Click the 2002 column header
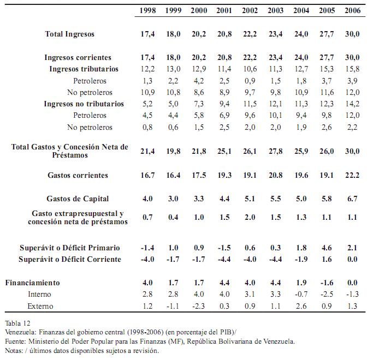tap(250, 11)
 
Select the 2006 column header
tap(353, 11)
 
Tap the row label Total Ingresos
tap(70, 34)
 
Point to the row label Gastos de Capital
tap(78, 199)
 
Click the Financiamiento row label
tap(32, 283)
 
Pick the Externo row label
tap(40, 306)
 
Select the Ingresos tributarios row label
tap(84, 69)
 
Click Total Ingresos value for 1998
tap(147, 34)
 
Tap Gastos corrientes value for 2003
tap(275, 176)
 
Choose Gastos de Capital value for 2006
tap(352, 199)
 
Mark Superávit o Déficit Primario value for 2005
tap(327, 248)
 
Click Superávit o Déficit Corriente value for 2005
tap(327, 259)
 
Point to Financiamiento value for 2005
tap(327, 283)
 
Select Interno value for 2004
tap(301, 294)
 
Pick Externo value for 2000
tap(199, 306)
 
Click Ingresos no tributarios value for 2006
tap(352, 104)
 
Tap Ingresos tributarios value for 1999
tap(173, 69)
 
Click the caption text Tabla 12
tap(18, 323)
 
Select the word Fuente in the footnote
tap(15, 341)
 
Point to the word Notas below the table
tap(14, 351)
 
